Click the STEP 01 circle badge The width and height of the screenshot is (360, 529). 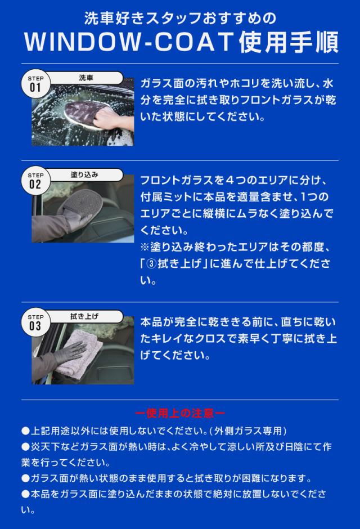coord(35,84)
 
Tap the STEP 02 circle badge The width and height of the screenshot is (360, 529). coord(35,181)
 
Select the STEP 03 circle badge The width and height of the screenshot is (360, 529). coord(35,322)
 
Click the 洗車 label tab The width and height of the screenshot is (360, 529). coord(85,78)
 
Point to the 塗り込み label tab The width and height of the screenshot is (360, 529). coord(84,175)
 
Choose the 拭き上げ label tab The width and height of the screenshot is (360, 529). coord(84,316)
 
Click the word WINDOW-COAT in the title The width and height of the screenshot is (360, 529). coord(129,42)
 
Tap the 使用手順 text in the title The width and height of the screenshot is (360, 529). coord(289,42)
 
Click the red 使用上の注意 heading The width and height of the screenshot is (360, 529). coord(180,413)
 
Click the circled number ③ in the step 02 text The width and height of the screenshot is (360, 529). coord(152,264)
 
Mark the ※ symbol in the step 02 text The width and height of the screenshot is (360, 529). coord(145,247)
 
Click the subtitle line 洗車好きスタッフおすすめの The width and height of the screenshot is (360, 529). coord(180,18)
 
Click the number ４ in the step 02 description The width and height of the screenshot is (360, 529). coord(229,180)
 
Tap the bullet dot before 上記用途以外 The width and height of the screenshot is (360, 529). coord(26,431)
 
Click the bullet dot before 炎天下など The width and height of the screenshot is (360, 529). coord(26,447)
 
